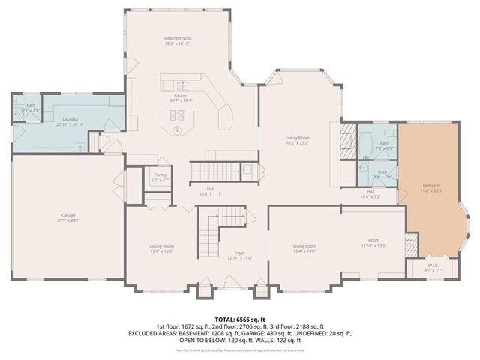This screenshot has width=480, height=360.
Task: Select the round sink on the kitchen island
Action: [178, 130]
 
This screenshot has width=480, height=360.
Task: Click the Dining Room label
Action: [162, 246]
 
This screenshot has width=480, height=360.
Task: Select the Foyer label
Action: [240, 253]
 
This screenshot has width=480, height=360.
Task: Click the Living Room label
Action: [304, 246]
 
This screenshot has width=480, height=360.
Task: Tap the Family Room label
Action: [297, 138]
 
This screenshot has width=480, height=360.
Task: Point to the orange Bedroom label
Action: [430, 185]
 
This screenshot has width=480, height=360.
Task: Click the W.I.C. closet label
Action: [434, 265]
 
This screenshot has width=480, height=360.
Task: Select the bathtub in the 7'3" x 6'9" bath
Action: [364, 143]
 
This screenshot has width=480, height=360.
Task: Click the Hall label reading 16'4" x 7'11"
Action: [211, 190]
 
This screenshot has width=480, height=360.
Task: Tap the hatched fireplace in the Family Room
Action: [346, 140]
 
